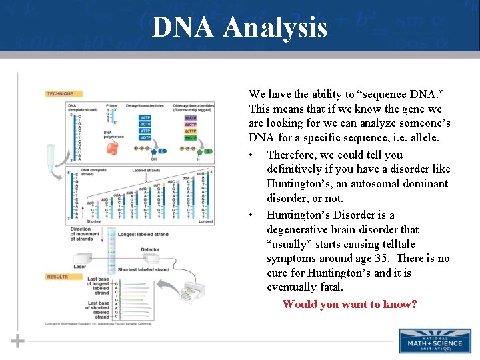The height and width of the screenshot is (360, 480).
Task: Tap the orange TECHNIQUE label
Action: [x=59, y=94]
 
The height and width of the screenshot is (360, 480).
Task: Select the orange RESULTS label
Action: [x=57, y=276]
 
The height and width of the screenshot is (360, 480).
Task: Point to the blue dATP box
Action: [x=145, y=118]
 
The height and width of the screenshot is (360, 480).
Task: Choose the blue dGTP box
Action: [x=145, y=137]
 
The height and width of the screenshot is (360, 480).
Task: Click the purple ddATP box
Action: [x=190, y=118]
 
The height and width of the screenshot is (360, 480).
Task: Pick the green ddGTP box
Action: [x=190, y=137]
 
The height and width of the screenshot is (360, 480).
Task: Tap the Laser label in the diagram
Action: [x=79, y=266]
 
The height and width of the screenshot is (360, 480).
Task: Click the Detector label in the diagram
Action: [x=150, y=249]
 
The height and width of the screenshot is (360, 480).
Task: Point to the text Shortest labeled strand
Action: [x=143, y=270]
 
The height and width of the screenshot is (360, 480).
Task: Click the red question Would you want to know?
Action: [x=349, y=305]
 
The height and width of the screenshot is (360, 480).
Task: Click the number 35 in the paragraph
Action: [x=392, y=259]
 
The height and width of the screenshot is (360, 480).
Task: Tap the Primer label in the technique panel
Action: [x=111, y=105]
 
